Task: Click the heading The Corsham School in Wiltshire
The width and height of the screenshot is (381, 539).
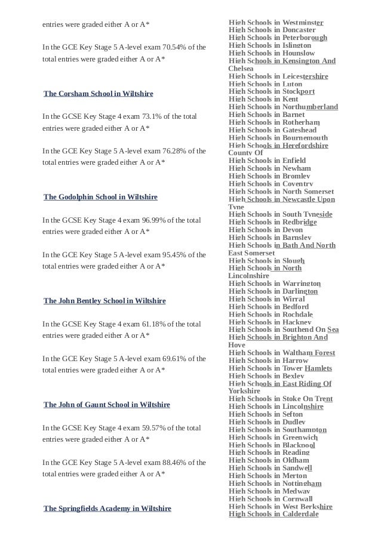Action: [x=99, y=94]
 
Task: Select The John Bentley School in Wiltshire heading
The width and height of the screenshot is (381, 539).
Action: [x=105, y=301]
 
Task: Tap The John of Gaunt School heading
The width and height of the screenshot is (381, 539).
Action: [x=107, y=405]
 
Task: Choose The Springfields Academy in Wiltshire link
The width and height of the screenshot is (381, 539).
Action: [x=107, y=509]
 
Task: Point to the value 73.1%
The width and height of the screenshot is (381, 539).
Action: [x=149, y=116]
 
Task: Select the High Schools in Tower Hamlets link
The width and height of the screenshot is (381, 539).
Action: [x=280, y=368]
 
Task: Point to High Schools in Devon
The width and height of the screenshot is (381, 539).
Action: [x=266, y=230]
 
